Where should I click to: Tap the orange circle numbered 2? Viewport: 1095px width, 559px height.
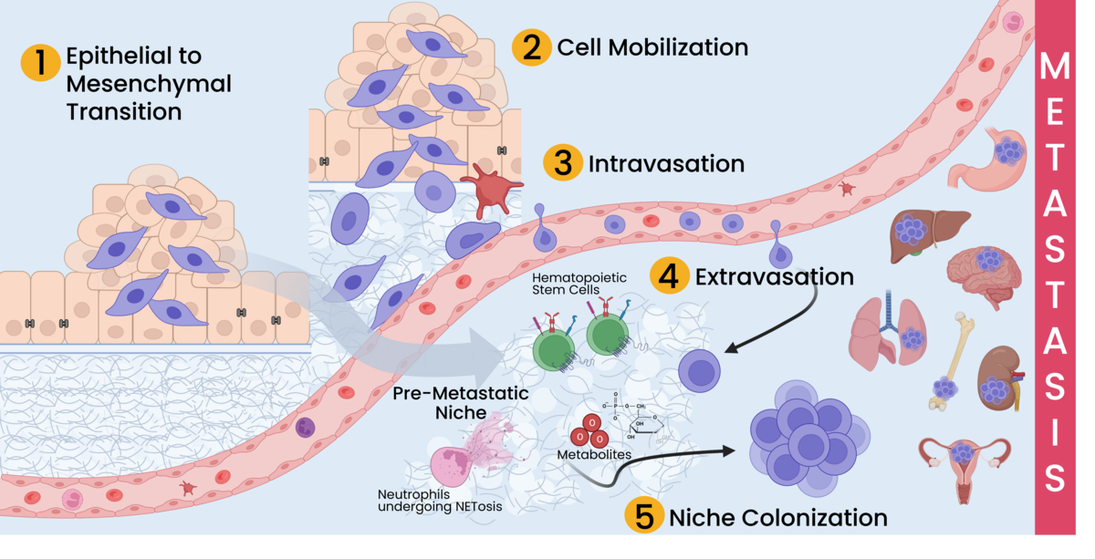(531, 47)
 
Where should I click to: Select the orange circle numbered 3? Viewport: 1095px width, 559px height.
(563, 164)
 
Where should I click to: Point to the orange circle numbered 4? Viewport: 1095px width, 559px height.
(670, 275)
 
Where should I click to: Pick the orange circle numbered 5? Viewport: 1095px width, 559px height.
(644, 517)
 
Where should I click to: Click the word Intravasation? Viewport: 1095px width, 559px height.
(666, 165)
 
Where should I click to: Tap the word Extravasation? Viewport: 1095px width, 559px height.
(774, 276)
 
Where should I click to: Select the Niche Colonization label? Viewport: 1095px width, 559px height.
(777, 518)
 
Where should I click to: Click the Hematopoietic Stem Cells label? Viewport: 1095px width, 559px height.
(567, 283)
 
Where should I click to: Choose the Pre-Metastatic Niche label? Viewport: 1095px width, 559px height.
(461, 403)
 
